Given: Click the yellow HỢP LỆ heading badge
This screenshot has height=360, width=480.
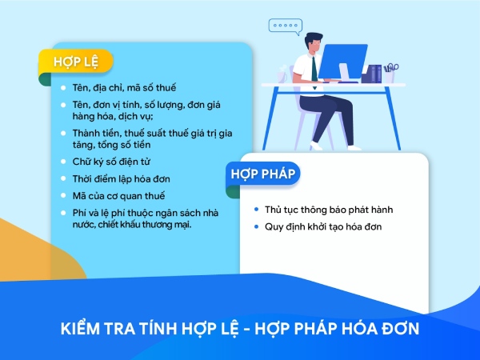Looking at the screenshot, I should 76,61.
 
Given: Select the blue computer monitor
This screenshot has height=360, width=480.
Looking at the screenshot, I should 342,62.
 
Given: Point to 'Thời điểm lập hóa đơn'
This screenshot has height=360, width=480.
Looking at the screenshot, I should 121,179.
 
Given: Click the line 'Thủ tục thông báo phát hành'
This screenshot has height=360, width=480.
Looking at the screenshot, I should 329,210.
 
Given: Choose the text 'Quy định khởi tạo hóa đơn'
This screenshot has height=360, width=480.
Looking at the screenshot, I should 323,227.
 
